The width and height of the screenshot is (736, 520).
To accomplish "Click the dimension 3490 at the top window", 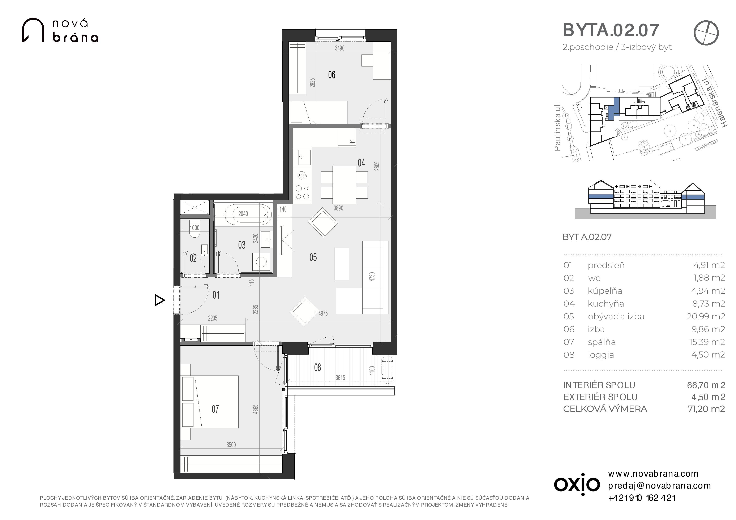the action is click(340, 48).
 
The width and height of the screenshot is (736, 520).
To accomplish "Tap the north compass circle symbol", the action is click(706, 33).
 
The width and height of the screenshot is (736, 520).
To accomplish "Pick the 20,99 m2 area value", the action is click(706, 317).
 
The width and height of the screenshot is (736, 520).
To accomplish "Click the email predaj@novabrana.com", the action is click(660, 486).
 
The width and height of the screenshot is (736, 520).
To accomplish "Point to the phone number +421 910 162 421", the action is click(642, 498).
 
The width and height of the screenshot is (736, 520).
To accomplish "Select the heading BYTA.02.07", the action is click(611, 30).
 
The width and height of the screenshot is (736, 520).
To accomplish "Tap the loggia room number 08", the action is click(318, 368).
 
